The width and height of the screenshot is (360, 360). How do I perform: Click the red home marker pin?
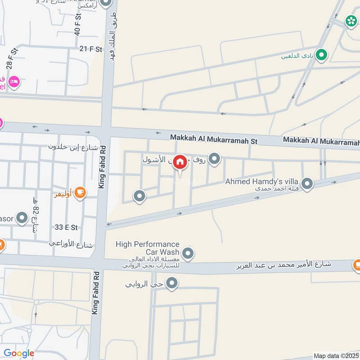point(180,162)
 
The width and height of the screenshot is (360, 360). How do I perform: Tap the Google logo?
point(19,353)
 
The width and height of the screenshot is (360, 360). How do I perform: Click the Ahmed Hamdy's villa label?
point(263,181)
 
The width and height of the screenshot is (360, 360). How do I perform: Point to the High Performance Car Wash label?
point(148,248)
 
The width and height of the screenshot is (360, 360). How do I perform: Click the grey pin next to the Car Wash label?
point(189,254)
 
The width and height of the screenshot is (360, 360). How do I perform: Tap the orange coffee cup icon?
point(81,193)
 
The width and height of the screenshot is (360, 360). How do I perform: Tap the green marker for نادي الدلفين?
point(321,55)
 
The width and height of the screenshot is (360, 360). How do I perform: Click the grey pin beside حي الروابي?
point(171,283)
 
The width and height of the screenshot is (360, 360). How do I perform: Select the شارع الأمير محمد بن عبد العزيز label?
point(284,265)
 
